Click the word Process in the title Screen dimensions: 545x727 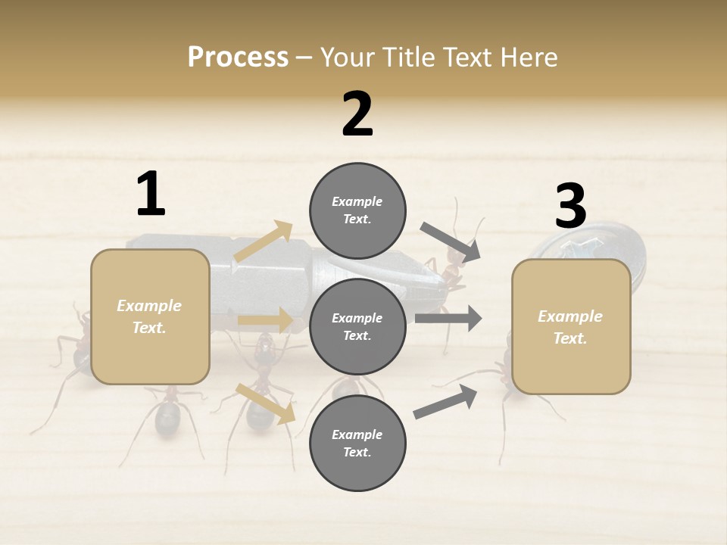tap(238, 57)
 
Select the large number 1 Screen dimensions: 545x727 tap(151, 195)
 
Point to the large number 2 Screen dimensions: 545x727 tap(357, 114)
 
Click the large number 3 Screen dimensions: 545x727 tap(570, 207)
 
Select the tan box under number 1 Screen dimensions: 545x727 tap(150, 316)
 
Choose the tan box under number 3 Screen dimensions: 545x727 tap(571, 327)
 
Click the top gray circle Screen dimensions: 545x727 tap(357, 210)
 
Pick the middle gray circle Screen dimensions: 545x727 tap(357, 327)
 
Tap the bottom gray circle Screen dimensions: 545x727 tap(357, 444)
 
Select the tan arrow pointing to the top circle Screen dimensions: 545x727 tap(263, 241)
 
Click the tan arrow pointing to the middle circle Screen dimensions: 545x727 tap(265, 320)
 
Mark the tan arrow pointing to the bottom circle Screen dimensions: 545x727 tap(265, 403)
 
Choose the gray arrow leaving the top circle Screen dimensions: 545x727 tap(450, 242)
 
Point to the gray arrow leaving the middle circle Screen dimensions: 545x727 tap(448, 318)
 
